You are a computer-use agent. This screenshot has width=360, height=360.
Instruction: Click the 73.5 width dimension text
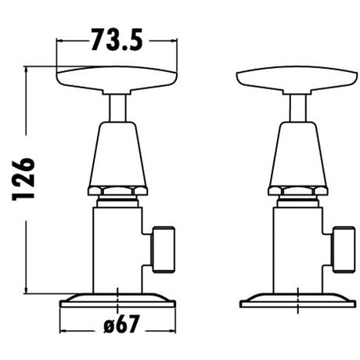click(x=117, y=39)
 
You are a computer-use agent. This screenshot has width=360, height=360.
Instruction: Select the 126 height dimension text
click(x=23, y=178)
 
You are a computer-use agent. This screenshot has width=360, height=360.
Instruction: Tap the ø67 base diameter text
click(x=121, y=324)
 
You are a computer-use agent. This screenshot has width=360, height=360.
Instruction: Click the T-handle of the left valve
click(x=117, y=80)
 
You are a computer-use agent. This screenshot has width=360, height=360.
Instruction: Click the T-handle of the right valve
click(x=297, y=80)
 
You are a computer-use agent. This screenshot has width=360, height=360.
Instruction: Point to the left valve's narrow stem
click(x=117, y=108)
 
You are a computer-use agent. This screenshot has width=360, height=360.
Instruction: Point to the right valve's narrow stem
click(x=298, y=108)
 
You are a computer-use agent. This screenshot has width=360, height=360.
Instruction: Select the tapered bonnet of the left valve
click(x=117, y=154)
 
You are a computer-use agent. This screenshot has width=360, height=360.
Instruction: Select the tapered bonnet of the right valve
click(x=297, y=154)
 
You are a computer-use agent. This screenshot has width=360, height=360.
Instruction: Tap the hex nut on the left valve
click(x=117, y=190)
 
